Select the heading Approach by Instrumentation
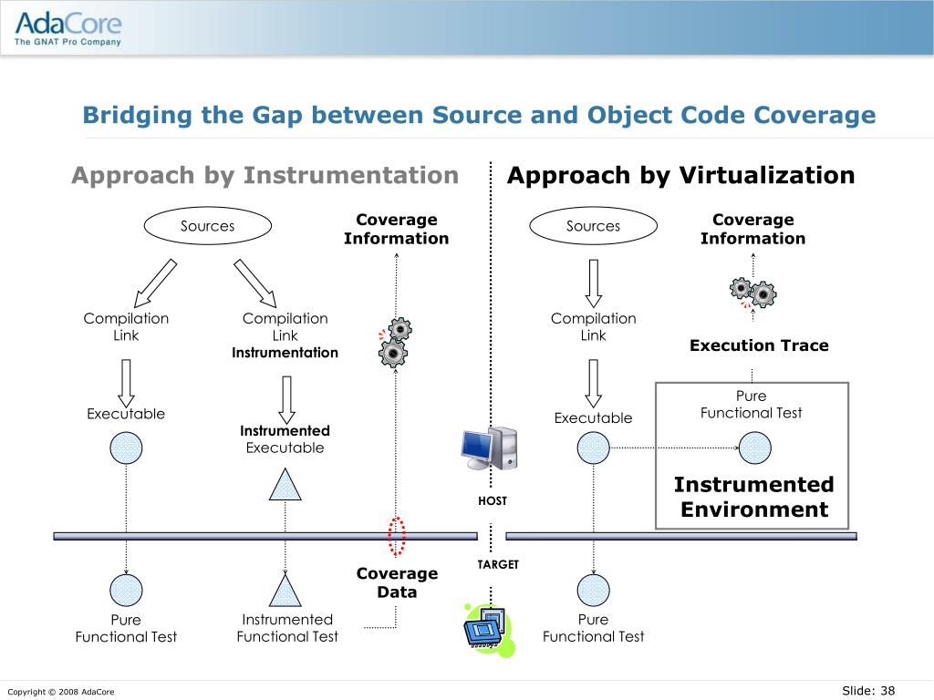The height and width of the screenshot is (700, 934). pos(265,175)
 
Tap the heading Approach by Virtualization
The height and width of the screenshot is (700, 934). pos(680,175)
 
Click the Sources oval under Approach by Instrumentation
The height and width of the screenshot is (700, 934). pos(207,226)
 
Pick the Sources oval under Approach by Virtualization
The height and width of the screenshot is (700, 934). pos(593,226)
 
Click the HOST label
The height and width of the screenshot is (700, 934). pos(493,501)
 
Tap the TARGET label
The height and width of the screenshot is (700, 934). pos(498,565)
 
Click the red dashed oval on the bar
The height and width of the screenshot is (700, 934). pos(397,536)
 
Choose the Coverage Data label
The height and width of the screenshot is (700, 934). pos(397,582)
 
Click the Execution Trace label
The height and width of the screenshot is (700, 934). pos(759,345)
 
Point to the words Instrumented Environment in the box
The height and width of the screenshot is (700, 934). pos(753,497)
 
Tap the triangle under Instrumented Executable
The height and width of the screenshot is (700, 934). pos(285,486)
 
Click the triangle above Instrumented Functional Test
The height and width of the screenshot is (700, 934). pos(285,592)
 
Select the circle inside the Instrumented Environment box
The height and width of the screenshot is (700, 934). pos(754,448)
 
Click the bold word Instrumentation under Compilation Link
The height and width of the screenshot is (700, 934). pos(285,353)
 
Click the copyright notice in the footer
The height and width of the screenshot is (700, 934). pos(61,692)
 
